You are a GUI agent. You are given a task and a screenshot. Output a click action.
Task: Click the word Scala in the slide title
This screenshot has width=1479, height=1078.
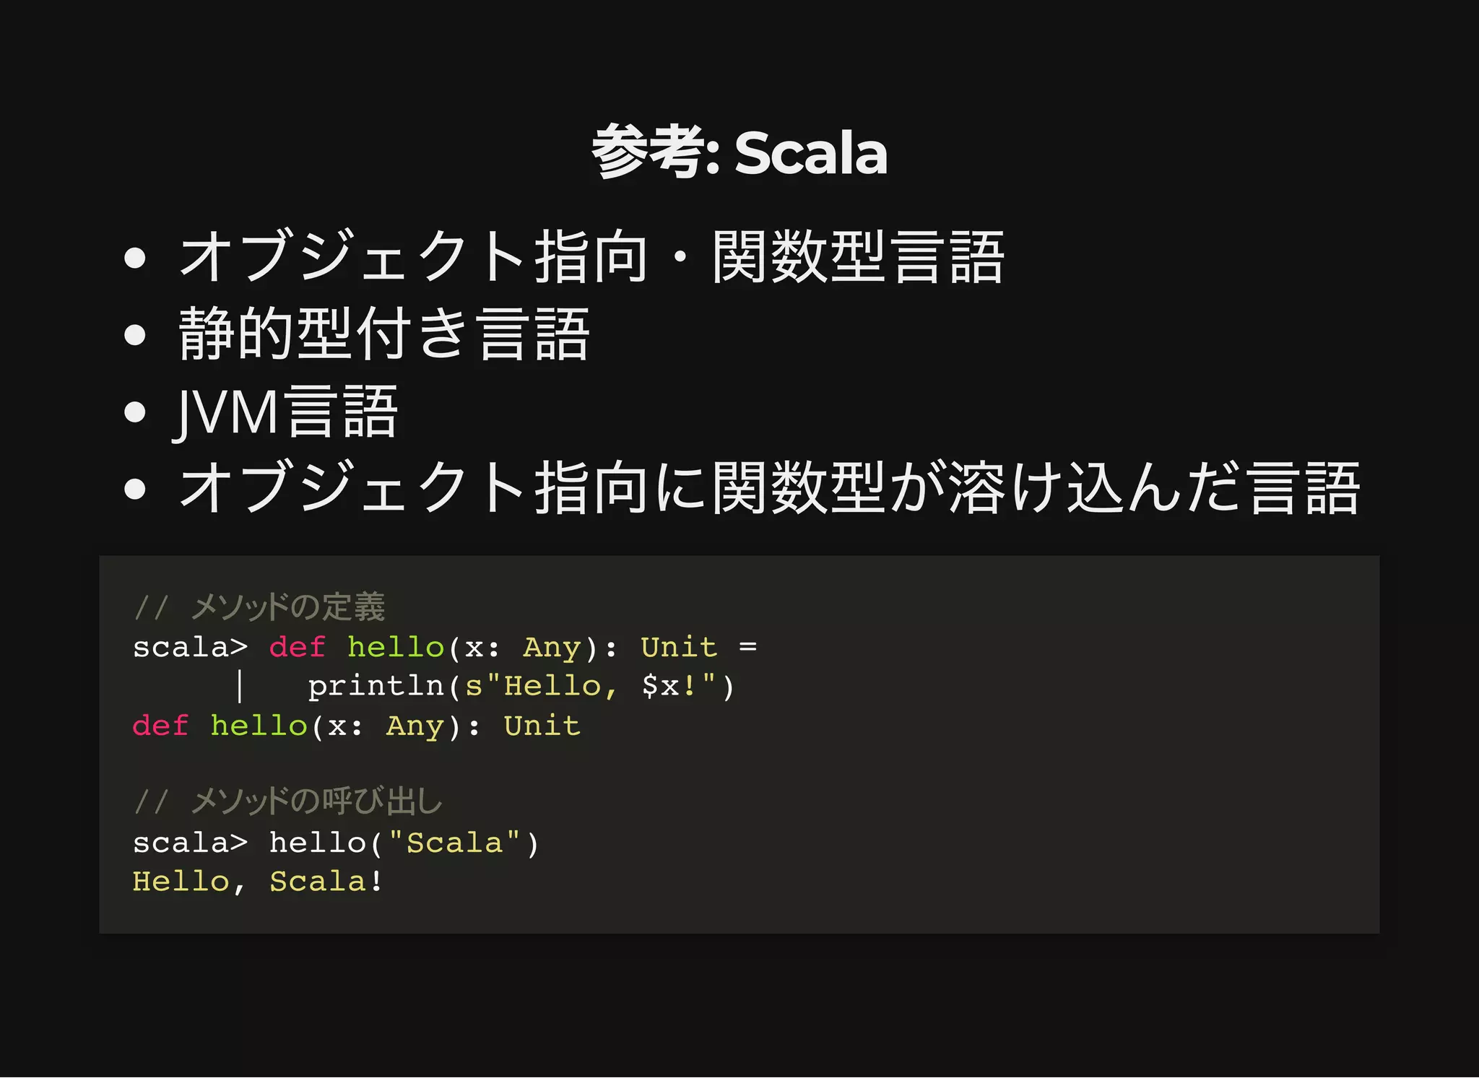click(x=810, y=153)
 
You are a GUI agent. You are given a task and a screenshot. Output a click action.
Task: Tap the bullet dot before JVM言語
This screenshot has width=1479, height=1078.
click(x=135, y=412)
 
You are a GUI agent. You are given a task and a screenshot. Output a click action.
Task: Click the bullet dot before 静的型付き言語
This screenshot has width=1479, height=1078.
click(x=135, y=335)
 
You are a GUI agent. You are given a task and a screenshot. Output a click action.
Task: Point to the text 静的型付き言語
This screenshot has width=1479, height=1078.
click(x=384, y=334)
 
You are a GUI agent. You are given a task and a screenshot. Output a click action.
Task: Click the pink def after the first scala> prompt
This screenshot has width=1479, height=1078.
click(x=297, y=647)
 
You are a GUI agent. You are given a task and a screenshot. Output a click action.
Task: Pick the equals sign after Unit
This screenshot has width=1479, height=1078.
click(x=747, y=647)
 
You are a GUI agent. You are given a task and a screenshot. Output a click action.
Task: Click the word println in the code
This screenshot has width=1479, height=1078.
click(x=376, y=686)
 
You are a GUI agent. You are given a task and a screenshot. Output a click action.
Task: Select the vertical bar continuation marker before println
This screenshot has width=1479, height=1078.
click(x=240, y=686)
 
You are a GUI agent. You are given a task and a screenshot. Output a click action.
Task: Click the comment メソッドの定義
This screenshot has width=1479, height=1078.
click(x=288, y=607)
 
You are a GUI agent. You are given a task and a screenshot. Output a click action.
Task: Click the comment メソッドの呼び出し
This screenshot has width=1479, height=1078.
click(x=316, y=801)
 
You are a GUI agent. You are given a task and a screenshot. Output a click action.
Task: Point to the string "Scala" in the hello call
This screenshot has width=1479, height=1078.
click(x=454, y=843)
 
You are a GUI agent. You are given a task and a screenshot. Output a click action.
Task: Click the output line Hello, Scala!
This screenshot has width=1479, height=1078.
click(x=257, y=882)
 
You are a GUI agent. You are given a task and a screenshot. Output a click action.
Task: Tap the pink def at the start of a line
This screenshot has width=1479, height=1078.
click(x=160, y=726)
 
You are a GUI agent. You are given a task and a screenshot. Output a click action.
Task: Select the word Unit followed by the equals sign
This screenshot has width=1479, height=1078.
click(x=679, y=647)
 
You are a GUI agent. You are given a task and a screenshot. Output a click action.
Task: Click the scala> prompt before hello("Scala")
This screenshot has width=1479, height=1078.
click(x=190, y=843)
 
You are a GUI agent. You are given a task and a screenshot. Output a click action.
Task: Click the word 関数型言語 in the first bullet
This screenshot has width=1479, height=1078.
click(x=858, y=257)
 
